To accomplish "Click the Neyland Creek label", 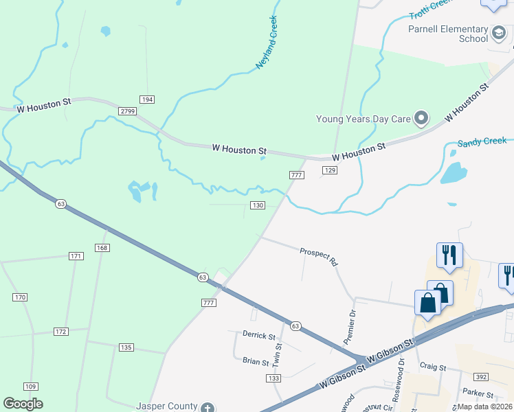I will (x=266, y=42).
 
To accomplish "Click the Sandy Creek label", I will (x=482, y=142).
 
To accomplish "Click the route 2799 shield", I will (x=127, y=111).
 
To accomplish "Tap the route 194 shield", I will (x=146, y=100).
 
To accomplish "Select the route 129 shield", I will (x=330, y=170).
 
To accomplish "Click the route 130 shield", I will (x=258, y=206).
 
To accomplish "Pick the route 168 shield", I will (x=102, y=247).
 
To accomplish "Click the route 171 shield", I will (x=76, y=256).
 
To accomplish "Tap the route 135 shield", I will (x=126, y=347).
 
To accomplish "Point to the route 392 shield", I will (x=480, y=377).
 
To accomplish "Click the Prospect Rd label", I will (x=319, y=257).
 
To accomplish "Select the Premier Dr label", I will (x=350, y=325).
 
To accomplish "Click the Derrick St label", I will (x=258, y=336).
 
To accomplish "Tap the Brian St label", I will (x=256, y=360).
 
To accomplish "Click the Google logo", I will (x=23, y=404).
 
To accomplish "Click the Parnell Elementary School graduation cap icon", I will (x=500, y=32).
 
